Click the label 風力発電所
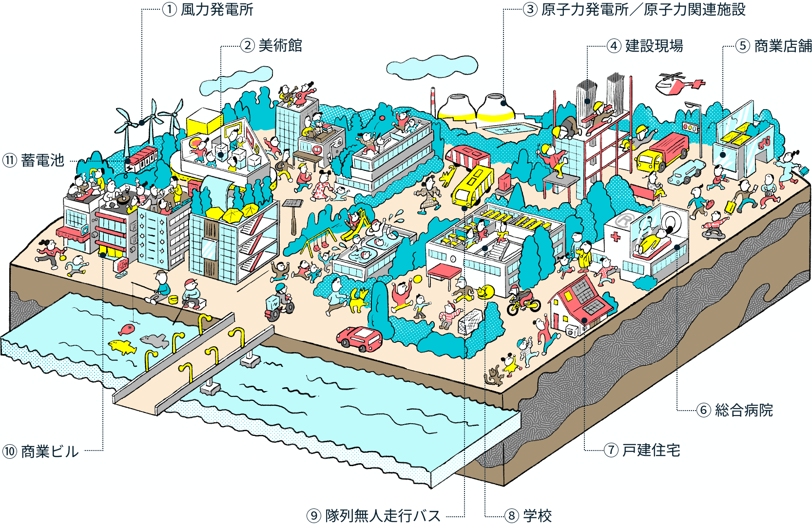pos(217,10)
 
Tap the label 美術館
pos(280,46)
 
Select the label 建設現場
pos(654,46)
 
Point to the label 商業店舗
pos(783,46)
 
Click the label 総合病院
pos(744,410)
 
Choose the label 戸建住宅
pos(651,450)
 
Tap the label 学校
pos(537,515)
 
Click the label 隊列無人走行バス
pos(383,515)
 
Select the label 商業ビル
pos(50,451)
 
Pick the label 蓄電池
pos(42,160)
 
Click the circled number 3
pos(530,10)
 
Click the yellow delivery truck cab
pos(648,160)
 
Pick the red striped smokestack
pos(433,102)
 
